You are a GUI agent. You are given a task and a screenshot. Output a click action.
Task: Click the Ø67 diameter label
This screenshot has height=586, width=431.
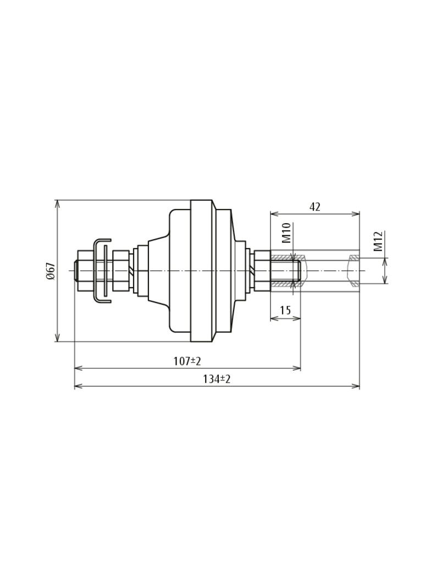(51, 270)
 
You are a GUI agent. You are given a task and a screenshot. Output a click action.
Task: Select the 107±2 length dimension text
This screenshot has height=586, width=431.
(187, 361)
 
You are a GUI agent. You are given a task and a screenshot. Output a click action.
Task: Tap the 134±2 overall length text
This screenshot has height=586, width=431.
(217, 379)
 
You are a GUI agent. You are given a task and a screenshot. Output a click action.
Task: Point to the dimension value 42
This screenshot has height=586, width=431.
(314, 207)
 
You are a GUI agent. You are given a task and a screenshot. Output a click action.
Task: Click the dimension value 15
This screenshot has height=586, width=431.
(285, 311)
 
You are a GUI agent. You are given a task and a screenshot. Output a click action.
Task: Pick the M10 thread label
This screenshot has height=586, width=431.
(286, 233)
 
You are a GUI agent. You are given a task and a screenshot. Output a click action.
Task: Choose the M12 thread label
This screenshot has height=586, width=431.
(378, 241)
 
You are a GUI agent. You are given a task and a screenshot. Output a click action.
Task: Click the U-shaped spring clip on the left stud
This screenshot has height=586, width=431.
(101, 270)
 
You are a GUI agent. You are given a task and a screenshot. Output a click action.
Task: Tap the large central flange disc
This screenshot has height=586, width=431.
(201, 270)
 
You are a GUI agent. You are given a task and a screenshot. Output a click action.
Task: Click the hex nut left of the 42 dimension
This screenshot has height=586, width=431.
(262, 270)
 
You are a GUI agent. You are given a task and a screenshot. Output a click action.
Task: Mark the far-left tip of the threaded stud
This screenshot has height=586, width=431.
(75, 270)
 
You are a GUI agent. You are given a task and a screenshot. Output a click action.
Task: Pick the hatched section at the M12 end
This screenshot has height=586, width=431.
(355, 257)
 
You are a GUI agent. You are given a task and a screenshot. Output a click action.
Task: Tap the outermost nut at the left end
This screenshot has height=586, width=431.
(85, 270)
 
